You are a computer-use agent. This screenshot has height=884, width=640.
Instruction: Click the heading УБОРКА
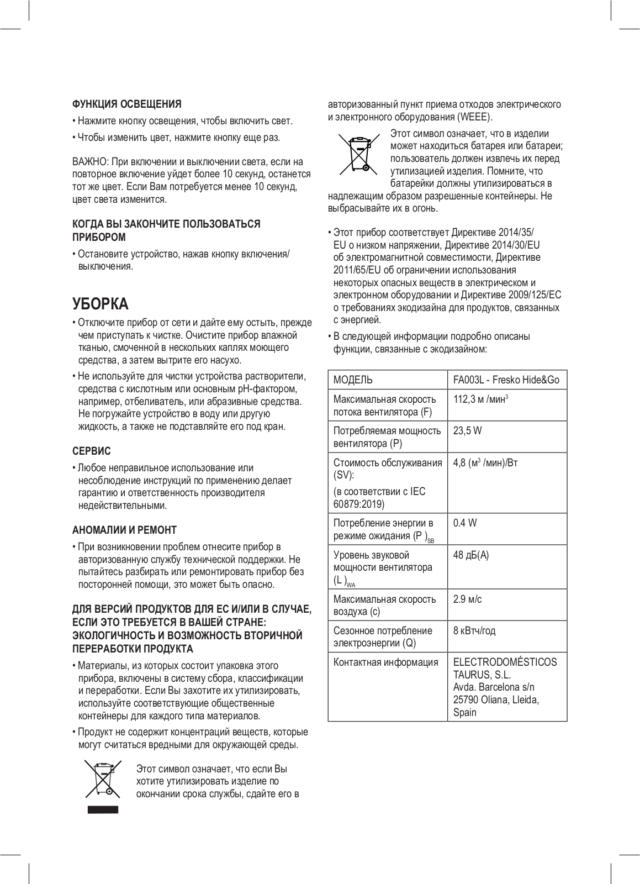point(100,304)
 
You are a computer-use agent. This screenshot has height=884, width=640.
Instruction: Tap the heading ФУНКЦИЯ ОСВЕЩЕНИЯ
point(127,104)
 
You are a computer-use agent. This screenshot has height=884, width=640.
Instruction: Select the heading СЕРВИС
point(92,451)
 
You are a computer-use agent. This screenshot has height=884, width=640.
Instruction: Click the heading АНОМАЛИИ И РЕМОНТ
point(125,530)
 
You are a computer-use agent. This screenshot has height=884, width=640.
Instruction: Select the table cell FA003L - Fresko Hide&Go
point(506,380)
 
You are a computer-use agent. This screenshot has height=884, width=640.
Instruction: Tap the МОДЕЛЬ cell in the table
point(353,380)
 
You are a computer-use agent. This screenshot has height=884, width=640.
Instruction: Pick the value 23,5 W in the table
point(467,430)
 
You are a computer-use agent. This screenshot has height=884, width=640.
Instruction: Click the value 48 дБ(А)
point(470,555)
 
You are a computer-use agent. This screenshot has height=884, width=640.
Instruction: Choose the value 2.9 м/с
point(467,599)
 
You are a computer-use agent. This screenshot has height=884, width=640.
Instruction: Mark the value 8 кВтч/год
point(474,630)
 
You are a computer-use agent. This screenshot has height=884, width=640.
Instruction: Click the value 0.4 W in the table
point(464,523)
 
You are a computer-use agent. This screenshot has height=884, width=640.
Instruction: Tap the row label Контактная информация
point(385,662)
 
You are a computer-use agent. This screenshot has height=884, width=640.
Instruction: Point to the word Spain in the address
point(464,712)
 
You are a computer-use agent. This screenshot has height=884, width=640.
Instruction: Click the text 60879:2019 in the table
point(358,504)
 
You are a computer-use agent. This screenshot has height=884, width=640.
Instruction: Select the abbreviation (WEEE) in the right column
point(474,117)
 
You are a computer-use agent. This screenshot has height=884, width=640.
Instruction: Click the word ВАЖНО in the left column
point(91,162)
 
